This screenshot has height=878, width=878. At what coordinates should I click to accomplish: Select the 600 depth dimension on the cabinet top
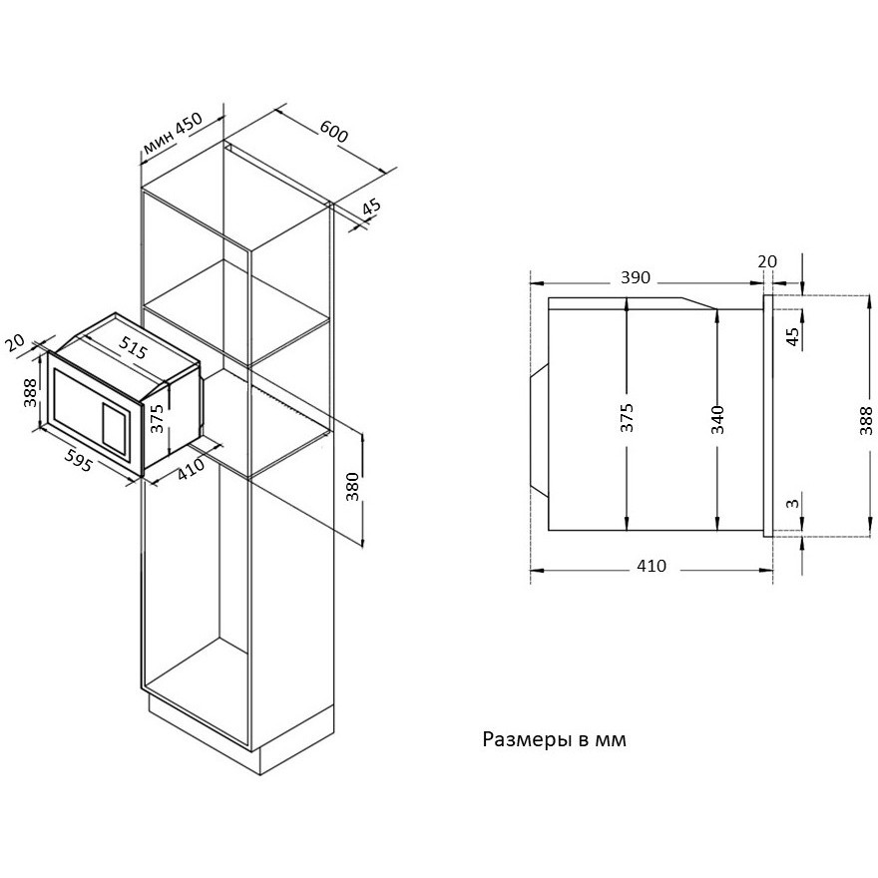[x=333, y=131]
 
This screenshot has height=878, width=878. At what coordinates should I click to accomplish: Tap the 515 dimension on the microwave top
[x=133, y=347]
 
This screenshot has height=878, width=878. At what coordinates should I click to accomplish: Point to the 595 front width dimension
[x=77, y=459]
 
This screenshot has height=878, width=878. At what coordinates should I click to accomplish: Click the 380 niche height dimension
[x=352, y=486]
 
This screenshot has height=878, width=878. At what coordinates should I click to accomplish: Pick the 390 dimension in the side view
[x=636, y=277]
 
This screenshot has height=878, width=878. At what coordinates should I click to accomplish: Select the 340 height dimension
[x=717, y=419]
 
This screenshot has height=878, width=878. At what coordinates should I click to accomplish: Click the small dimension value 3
[x=792, y=504]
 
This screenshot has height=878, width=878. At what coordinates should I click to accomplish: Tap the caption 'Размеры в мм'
[x=555, y=739]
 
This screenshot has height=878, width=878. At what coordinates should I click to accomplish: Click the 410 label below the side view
[x=652, y=566]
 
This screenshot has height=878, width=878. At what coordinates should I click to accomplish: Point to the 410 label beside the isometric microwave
[x=192, y=469]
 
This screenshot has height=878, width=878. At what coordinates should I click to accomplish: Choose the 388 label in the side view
[x=866, y=420]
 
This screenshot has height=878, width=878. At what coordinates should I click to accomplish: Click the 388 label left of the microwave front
[x=30, y=392]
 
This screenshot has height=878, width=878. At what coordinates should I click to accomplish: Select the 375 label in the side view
[x=628, y=417]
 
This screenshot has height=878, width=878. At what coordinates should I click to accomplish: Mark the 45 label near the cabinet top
[x=371, y=208]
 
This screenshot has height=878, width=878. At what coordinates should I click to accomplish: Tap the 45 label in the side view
[x=793, y=336]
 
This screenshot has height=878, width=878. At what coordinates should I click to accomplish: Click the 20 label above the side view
[x=767, y=261]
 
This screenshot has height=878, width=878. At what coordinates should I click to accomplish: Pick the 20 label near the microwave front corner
[x=15, y=342]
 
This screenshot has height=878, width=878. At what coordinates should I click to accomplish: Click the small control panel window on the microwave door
[x=116, y=428]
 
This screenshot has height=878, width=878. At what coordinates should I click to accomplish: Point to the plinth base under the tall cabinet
[x=241, y=732]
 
